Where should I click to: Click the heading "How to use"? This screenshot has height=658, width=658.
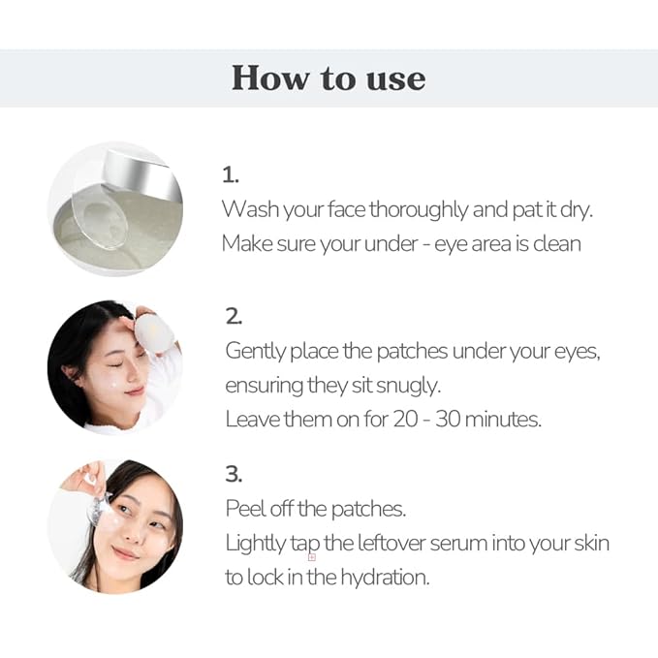pos(328,78)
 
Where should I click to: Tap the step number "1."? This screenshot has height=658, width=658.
pos(230,175)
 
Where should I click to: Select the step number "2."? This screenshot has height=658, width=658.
pos(234,316)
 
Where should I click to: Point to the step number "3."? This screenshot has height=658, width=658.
pos(234,474)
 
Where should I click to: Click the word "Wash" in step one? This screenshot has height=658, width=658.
pos(247,209)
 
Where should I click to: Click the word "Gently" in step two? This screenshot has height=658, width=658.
pos(256,351)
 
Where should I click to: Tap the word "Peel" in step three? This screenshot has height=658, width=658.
pos(244,509)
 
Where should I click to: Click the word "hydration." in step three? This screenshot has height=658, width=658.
pos(379,577)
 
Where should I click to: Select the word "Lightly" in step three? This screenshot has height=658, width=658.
pos(256,543)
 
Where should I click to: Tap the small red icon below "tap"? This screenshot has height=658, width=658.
pos(312,557)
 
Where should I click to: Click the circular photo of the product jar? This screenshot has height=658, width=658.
pos(114,208)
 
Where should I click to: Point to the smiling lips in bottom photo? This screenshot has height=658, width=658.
pos(125,553)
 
